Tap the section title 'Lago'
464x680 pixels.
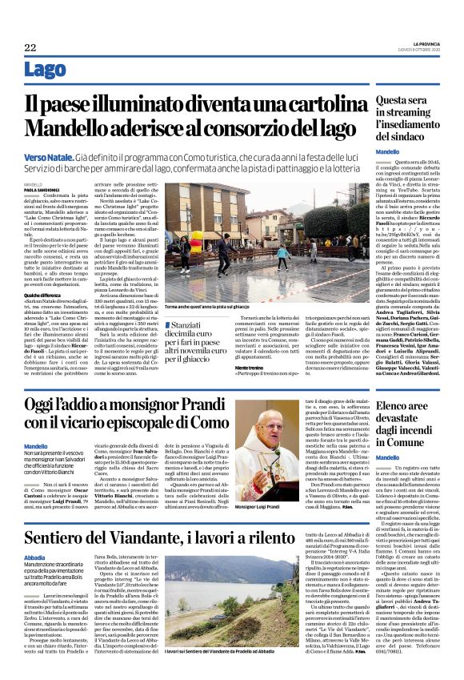tap(45, 70)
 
